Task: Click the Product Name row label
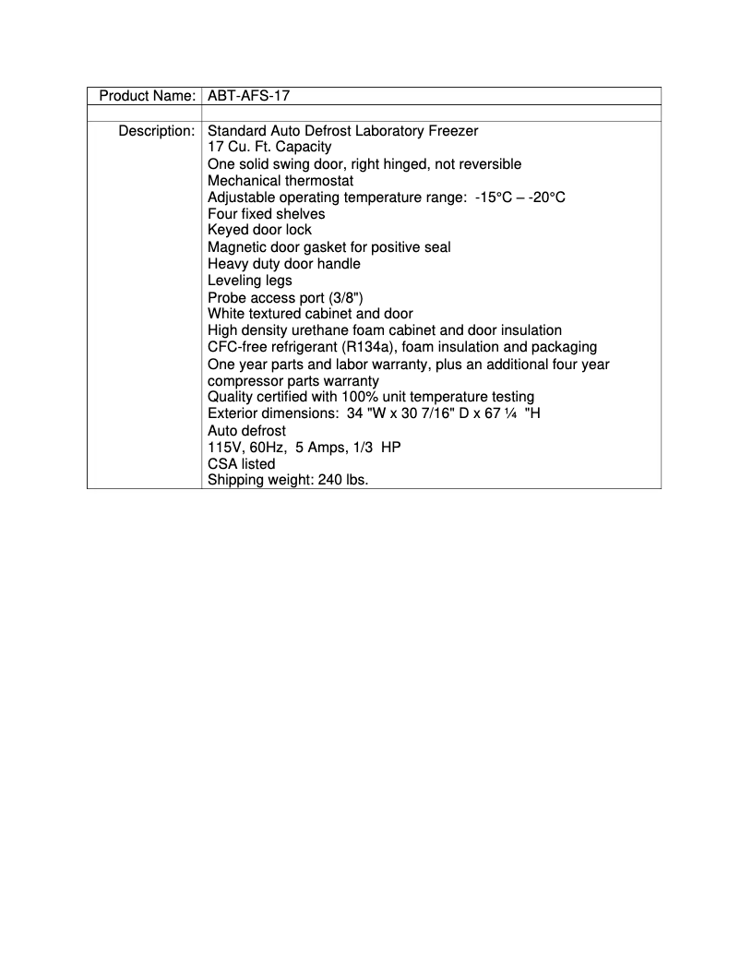(147, 96)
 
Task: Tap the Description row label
(156, 131)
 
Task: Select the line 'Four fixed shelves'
(266, 214)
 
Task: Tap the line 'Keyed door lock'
(259, 230)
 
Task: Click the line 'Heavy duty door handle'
(284, 264)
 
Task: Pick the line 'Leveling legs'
(249, 281)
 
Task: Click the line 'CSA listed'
(241, 463)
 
